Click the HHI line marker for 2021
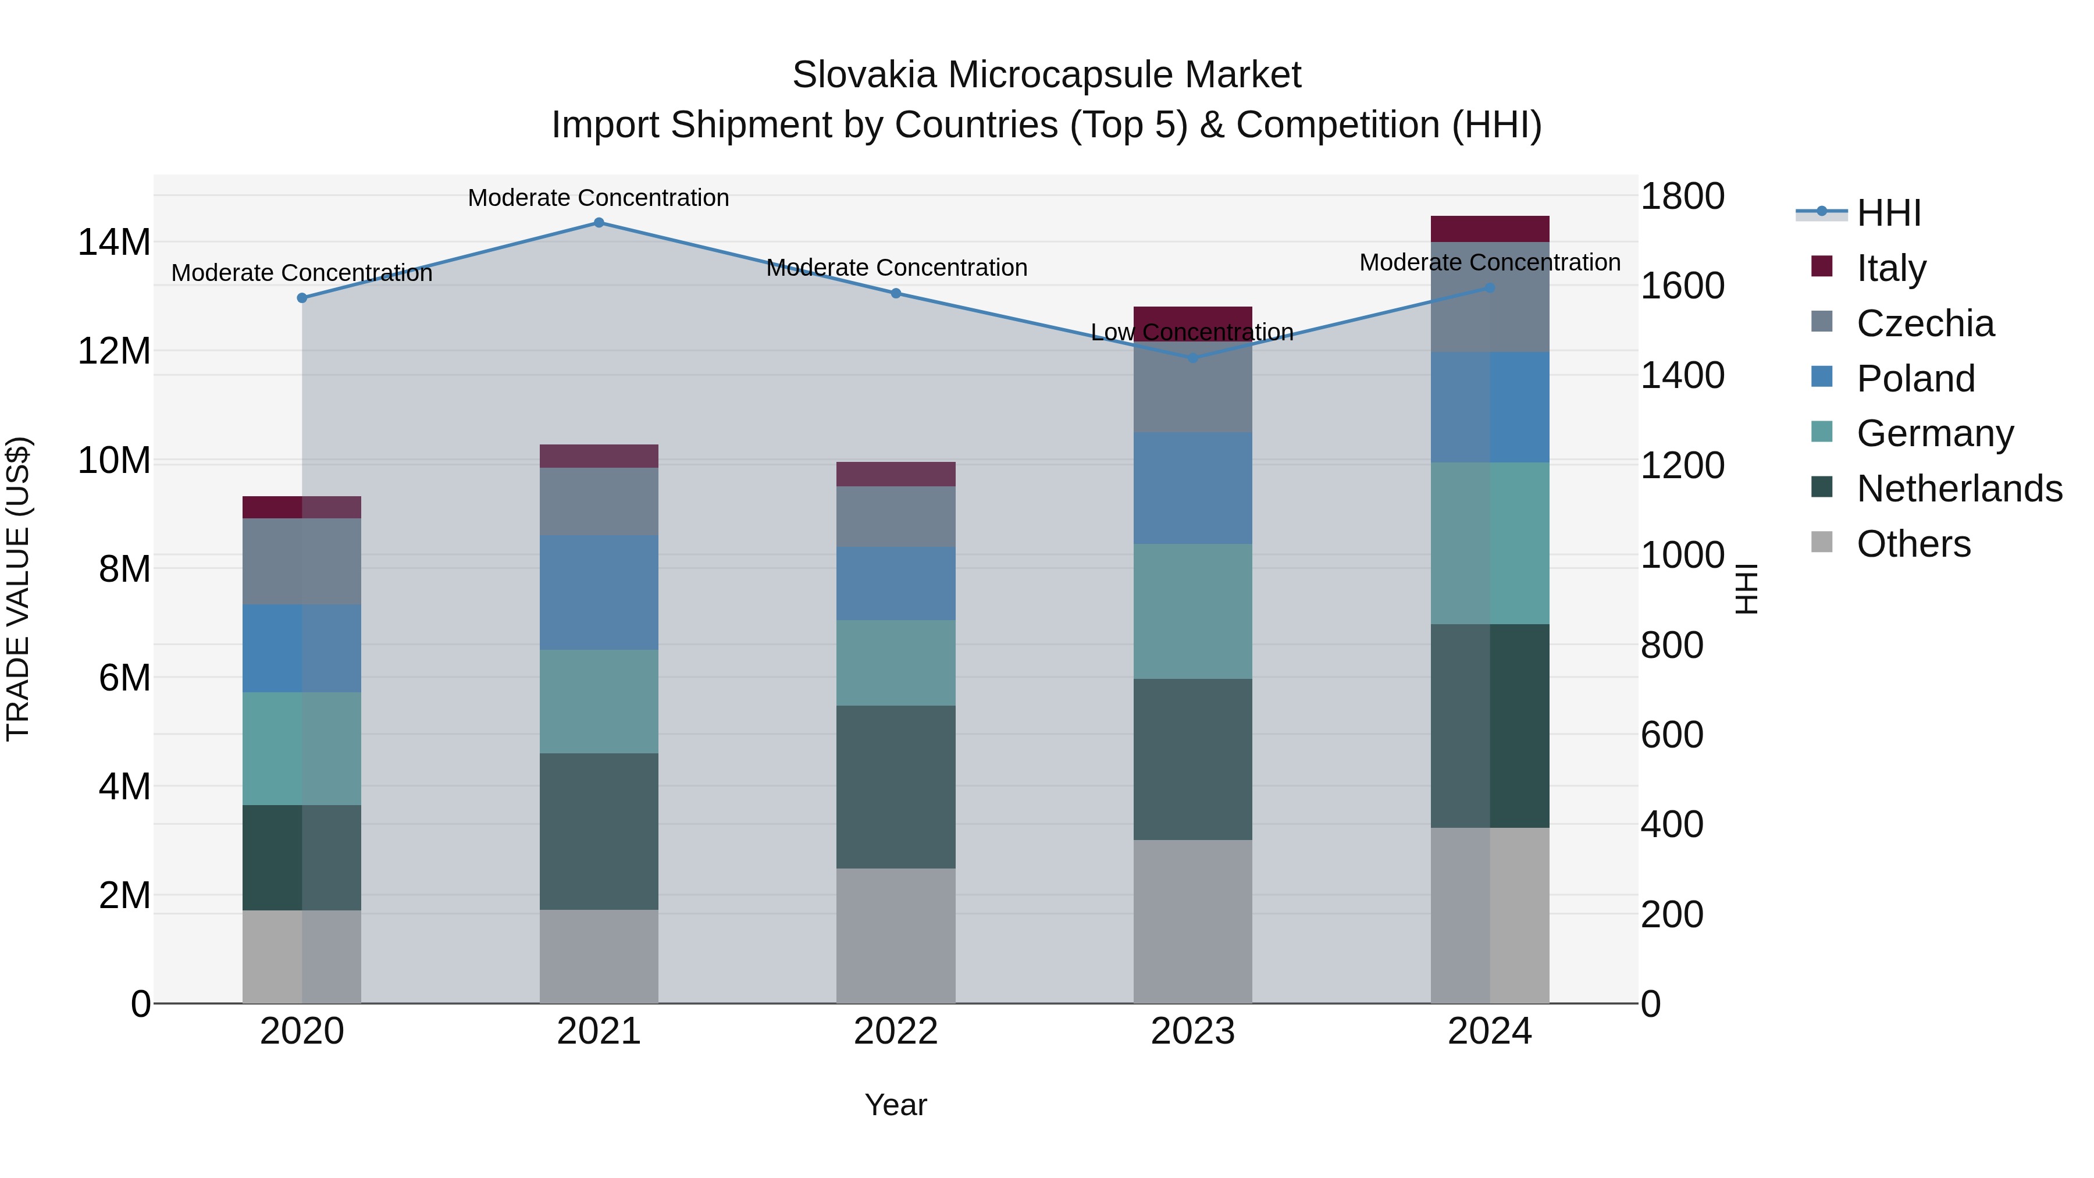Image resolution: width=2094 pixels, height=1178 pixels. (599, 223)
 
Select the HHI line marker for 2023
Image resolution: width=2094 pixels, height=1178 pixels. (1192, 358)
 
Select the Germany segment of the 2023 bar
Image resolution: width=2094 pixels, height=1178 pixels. (1192, 611)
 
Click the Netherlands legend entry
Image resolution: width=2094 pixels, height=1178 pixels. (1958, 489)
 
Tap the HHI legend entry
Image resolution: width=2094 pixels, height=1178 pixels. (1888, 213)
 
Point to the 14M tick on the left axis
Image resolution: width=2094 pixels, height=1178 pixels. (114, 242)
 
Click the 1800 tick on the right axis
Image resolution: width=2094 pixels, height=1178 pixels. (1682, 197)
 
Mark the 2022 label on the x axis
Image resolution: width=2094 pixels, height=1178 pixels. (896, 1031)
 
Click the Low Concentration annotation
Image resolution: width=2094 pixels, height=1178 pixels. (1192, 333)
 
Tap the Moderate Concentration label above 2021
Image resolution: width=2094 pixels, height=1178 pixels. (599, 198)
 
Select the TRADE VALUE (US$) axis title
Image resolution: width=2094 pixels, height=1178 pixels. (18, 589)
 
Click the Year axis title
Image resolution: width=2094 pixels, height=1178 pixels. (896, 1105)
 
